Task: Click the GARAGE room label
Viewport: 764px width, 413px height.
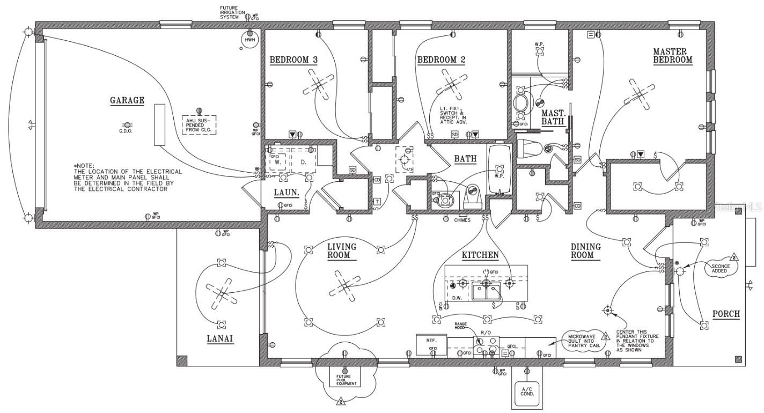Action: (x=127, y=100)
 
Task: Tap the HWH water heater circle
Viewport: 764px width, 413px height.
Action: (x=249, y=40)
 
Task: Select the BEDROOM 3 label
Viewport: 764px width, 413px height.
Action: (x=293, y=60)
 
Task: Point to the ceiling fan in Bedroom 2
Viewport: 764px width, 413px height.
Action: (x=450, y=84)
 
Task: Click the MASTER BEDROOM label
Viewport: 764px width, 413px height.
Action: (x=673, y=56)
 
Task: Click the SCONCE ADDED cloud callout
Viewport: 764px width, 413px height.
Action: (x=719, y=268)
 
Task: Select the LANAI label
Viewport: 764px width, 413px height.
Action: (x=221, y=339)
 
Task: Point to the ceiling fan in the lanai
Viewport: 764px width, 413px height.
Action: (x=222, y=293)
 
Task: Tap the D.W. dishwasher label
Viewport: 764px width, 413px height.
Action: (x=457, y=297)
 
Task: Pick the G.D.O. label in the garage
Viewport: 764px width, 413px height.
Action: (x=126, y=131)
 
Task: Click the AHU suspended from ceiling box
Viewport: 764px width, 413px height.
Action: (x=199, y=124)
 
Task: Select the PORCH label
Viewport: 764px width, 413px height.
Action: (x=726, y=314)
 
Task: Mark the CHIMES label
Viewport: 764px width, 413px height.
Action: (x=462, y=220)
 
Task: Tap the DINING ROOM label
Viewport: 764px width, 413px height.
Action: (x=585, y=251)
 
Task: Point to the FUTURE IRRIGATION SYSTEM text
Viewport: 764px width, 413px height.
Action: (x=232, y=12)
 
